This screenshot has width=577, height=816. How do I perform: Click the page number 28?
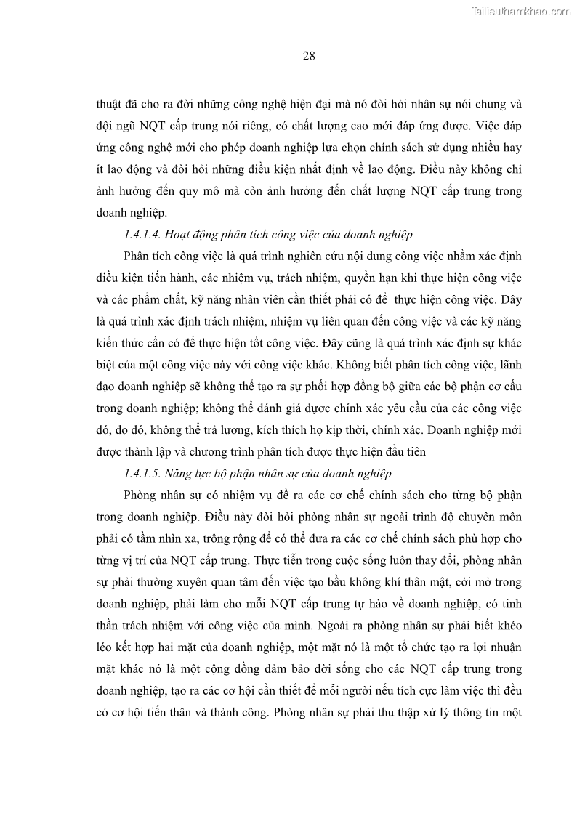click(x=308, y=56)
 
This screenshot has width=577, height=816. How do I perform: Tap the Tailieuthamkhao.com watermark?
click(x=521, y=11)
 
